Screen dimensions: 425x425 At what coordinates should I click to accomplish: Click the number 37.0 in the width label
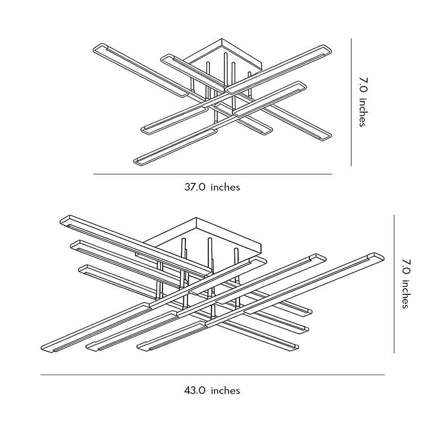194,187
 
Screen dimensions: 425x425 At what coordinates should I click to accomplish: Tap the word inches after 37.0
225,187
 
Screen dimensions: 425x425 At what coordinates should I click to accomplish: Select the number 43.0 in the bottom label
194,390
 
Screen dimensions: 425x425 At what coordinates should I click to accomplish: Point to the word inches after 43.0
225,390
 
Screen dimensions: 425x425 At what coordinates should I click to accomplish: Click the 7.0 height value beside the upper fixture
362,85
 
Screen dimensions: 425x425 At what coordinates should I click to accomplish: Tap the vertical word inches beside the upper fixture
362,113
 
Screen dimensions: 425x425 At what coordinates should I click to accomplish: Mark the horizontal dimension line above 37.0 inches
212,174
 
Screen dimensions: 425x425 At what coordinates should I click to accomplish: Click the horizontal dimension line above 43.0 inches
212,375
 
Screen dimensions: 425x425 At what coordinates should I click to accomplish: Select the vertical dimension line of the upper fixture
351,101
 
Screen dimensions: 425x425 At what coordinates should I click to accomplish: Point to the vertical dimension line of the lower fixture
394,284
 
